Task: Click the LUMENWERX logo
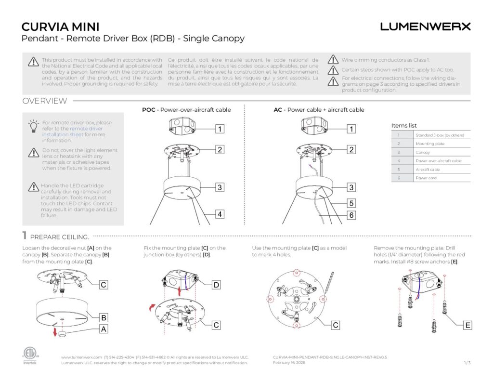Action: coord(425,26)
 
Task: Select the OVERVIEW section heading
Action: coord(45,101)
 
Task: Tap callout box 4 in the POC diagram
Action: coord(220,214)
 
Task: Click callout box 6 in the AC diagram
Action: coord(351,215)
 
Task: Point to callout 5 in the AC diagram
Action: coord(351,203)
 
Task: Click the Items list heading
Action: coord(404,126)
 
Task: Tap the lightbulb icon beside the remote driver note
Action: coord(33,126)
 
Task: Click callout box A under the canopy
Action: coord(103,329)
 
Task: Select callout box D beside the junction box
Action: coord(216,285)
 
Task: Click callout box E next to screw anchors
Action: coord(467,326)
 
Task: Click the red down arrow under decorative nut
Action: coord(55,332)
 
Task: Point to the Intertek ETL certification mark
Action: coord(30,355)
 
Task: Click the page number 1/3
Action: coord(467,362)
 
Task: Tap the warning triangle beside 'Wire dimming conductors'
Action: coord(333,60)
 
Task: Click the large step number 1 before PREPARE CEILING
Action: coord(24,236)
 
